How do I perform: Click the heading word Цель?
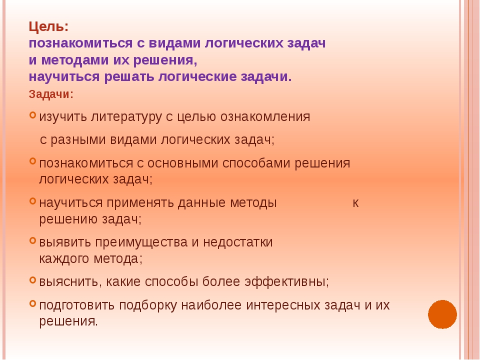point(48,27)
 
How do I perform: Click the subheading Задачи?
point(51,94)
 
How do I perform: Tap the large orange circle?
point(442,314)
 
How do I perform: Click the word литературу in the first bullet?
point(126,117)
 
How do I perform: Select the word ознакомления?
point(265,116)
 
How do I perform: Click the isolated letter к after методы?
point(355,203)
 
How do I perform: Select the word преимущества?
point(141,242)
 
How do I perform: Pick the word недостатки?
point(237,242)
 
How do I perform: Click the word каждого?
point(64,259)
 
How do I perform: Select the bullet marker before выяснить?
point(33,280)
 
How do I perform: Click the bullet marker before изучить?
point(33,115)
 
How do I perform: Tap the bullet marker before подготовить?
point(33,303)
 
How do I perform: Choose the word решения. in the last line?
point(68,321)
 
